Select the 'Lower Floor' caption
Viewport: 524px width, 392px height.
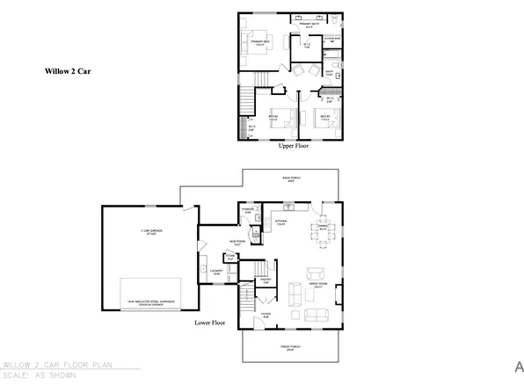[209, 323]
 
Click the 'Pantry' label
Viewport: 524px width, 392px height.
[266, 283]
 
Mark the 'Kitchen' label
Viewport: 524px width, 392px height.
[282, 222]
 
